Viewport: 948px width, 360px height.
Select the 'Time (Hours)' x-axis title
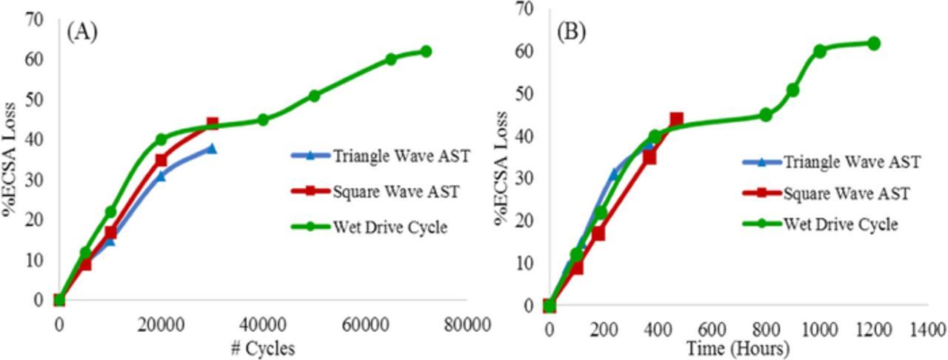point(737,348)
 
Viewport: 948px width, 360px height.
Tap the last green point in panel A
point(426,52)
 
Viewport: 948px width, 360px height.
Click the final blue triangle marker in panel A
point(212,148)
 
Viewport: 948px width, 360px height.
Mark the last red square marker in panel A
point(213,124)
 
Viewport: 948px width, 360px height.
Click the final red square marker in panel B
point(676,119)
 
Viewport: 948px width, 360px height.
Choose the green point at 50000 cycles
point(314,96)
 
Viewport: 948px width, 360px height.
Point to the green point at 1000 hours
point(820,51)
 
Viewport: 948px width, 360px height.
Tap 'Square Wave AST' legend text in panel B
point(846,193)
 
